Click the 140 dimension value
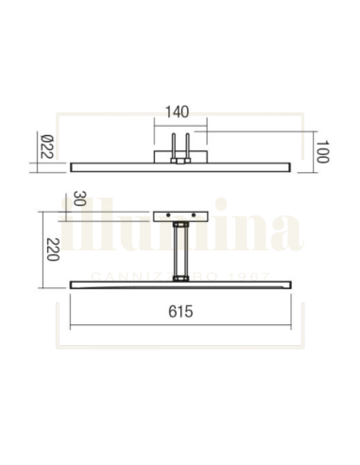[x=180, y=111]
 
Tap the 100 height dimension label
[x=321, y=152]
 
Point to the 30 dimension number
[x=80, y=199]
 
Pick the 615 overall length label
[x=180, y=311]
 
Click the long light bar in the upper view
[x=113, y=165]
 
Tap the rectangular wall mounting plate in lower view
[x=180, y=215]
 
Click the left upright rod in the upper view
[x=171, y=146]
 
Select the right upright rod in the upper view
[x=188, y=146]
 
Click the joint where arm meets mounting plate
[x=180, y=225]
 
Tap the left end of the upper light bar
[x=74, y=165]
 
